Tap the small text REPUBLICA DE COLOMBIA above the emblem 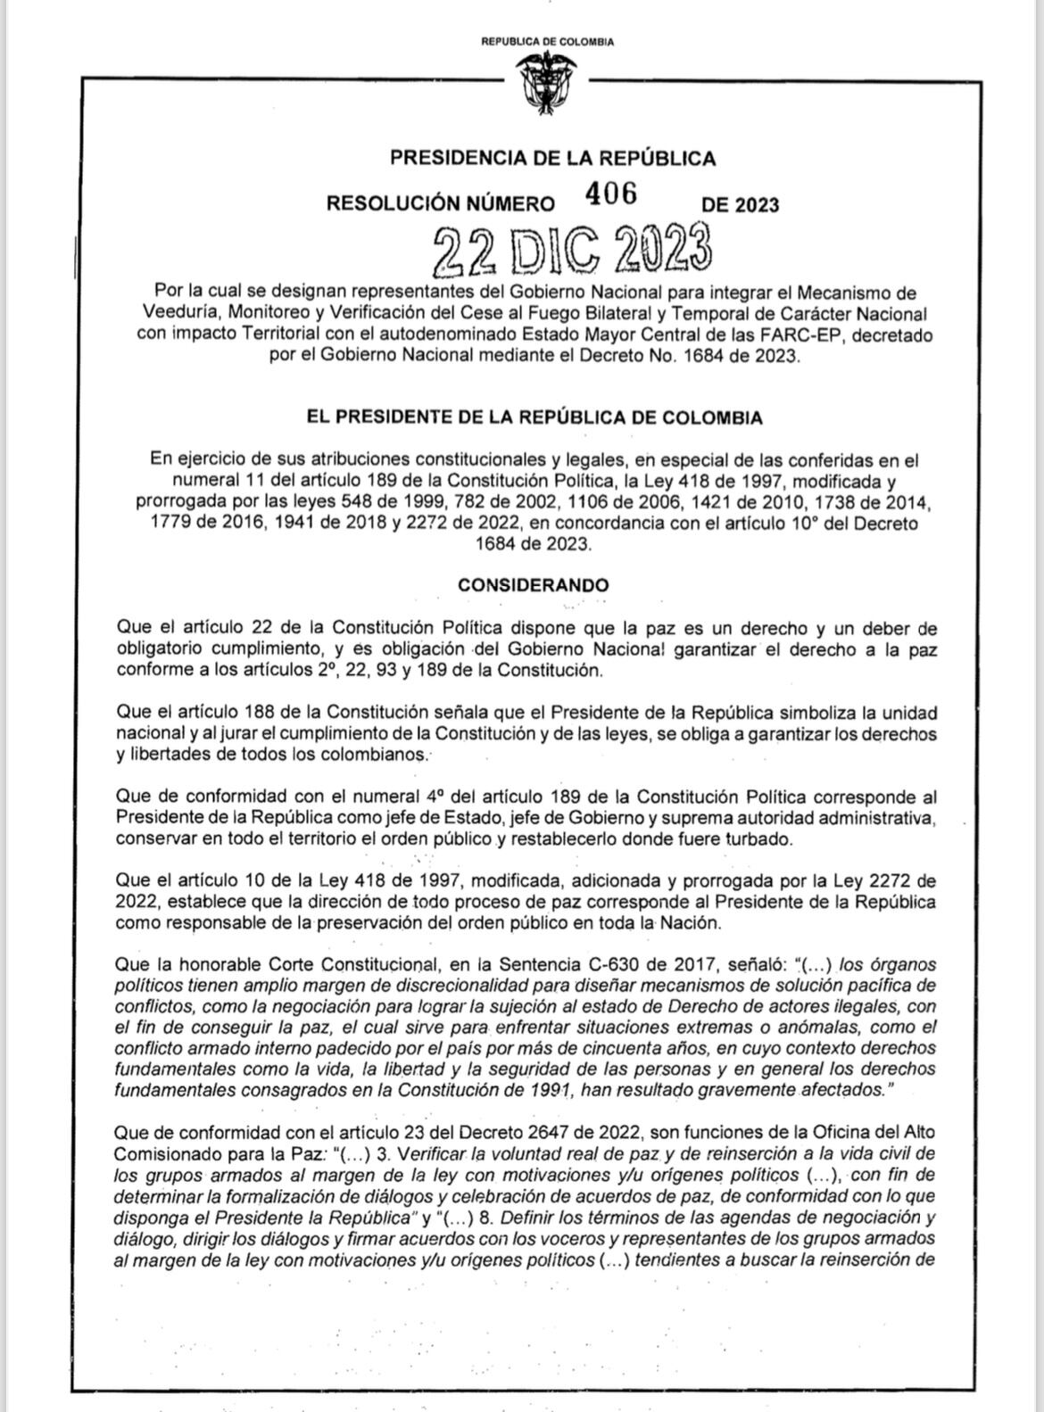click(x=547, y=41)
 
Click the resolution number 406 click(x=611, y=194)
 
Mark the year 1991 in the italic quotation click(x=551, y=1089)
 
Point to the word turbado click(x=758, y=839)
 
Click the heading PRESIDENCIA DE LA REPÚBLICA click(x=552, y=159)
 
